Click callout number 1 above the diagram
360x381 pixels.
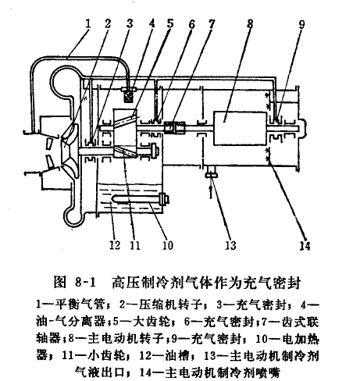tap(88, 24)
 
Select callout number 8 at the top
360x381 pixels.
tap(250, 23)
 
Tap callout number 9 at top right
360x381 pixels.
tap(301, 24)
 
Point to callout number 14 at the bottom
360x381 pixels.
tap(305, 245)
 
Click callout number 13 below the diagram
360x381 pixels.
tap(230, 245)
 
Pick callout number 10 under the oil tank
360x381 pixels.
tap(168, 245)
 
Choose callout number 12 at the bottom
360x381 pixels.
tap(115, 245)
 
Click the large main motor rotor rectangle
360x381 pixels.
tap(240, 128)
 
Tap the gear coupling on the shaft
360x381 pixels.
tap(174, 128)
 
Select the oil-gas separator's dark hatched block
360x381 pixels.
tap(129, 97)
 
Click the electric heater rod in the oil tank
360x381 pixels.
tap(139, 200)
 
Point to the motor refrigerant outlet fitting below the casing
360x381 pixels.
tap(211, 175)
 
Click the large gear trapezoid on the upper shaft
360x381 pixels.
tap(125, 134)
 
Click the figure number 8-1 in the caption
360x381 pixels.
tap(85, 283)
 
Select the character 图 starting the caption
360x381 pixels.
tap(60, 283)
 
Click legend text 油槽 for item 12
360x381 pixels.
tap(176, 356)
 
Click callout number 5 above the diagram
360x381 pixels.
tap(170, 23)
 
